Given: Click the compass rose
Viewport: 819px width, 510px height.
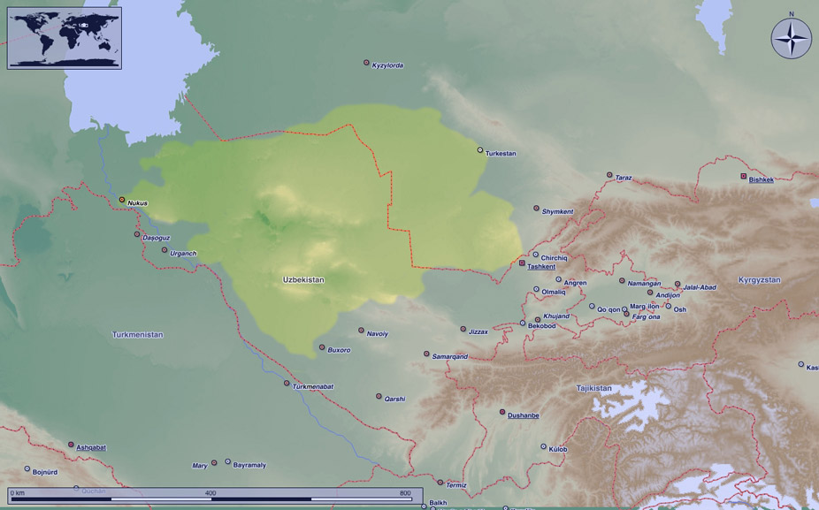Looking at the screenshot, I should coord(791,39).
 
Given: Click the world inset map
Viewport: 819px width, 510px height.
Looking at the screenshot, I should coord(65,38).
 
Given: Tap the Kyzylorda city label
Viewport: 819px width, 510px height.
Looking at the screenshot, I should coord(388,65).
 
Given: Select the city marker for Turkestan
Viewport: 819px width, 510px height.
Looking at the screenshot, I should coord(480,150).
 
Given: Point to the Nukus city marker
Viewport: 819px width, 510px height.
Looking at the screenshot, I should coord(123,200).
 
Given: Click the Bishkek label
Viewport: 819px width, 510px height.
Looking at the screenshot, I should coord(762,179).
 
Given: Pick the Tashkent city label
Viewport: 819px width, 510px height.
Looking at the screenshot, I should coord(541,266).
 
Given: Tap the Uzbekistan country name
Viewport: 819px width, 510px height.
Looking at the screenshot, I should coord(303,279).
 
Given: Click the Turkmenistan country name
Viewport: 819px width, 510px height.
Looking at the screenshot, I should coord(138,334).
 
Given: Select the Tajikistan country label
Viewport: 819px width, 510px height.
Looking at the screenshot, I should coord(593,388).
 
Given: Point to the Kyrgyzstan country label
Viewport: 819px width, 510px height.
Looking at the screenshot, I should coord(760,279).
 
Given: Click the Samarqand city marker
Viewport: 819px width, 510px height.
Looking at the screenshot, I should coord(426,354).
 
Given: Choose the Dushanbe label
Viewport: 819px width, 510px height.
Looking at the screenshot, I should coord(524,415).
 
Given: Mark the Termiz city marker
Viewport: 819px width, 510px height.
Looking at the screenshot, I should coord(440,483).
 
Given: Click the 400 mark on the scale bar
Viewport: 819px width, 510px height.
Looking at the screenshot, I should coord(210,492).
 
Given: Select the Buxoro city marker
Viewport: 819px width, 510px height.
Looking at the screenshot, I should coord(322,347).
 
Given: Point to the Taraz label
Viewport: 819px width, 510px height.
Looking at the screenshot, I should coord(624,178).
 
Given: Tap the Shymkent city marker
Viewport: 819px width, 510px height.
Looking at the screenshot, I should coord(536,209).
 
